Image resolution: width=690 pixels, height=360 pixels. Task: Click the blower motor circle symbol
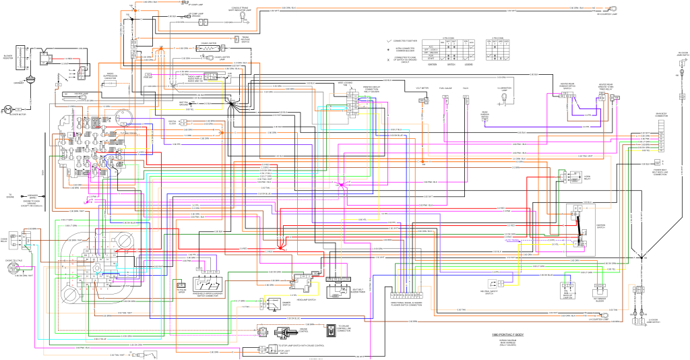[x=8, y=109]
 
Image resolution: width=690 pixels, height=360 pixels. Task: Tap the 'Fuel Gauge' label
[x=445, y=88]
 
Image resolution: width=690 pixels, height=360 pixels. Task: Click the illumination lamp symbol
[x=503, y=99]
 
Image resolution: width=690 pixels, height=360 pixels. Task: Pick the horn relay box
[x=574, y=177]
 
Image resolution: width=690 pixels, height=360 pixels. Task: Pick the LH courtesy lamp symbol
[x=606, y=315]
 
